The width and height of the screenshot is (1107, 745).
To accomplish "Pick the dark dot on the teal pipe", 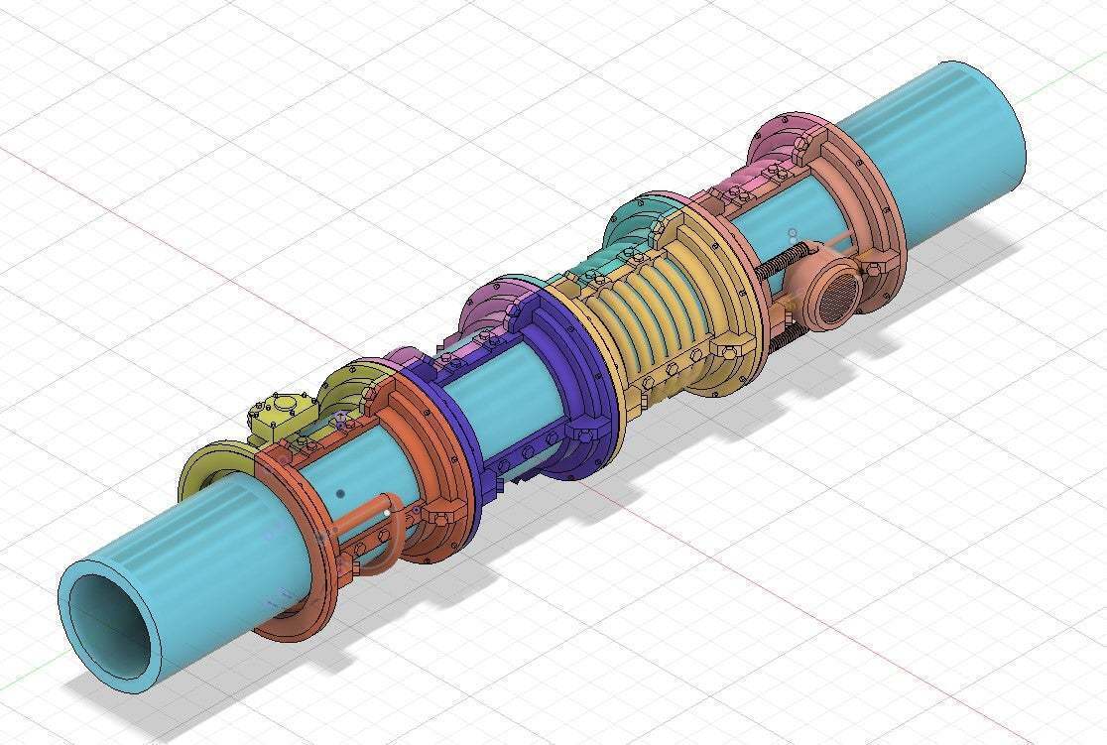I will pyautogui.click(x=340, y=493).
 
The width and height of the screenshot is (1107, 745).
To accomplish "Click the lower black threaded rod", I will pyautogui.click(x=784, y=336).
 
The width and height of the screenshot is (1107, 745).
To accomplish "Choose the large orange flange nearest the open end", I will pyautogui.click(x=298, y=556).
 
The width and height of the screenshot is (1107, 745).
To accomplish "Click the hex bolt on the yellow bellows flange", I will pyautogui.click(x=727, y=350).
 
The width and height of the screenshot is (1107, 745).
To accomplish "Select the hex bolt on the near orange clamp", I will pyautogui.click(x=435, y=515).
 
